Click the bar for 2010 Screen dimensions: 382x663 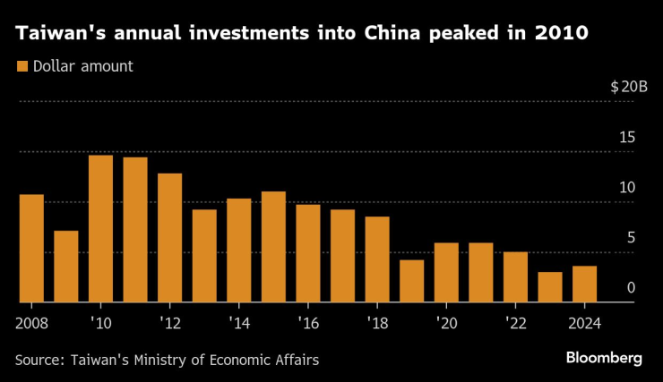[x=100, y=229]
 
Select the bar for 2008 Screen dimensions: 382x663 [x=31, y=249]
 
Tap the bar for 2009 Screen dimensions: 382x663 [x=66, y=267]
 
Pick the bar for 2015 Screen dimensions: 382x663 [x=273, y=247]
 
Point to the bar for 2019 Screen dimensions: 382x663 [x=411, y=281]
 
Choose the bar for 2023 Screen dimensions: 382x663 [x=550, y=287]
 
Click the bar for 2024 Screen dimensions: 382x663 [x=584, y=284]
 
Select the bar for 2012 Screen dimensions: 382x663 [x=169, y=238]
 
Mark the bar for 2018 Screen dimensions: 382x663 [x=377, y=259]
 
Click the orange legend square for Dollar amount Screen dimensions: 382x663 [x=22, y=66]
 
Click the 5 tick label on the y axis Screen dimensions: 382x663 [x=631, y=238]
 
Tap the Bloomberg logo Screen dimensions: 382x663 [x=604, y=358]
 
